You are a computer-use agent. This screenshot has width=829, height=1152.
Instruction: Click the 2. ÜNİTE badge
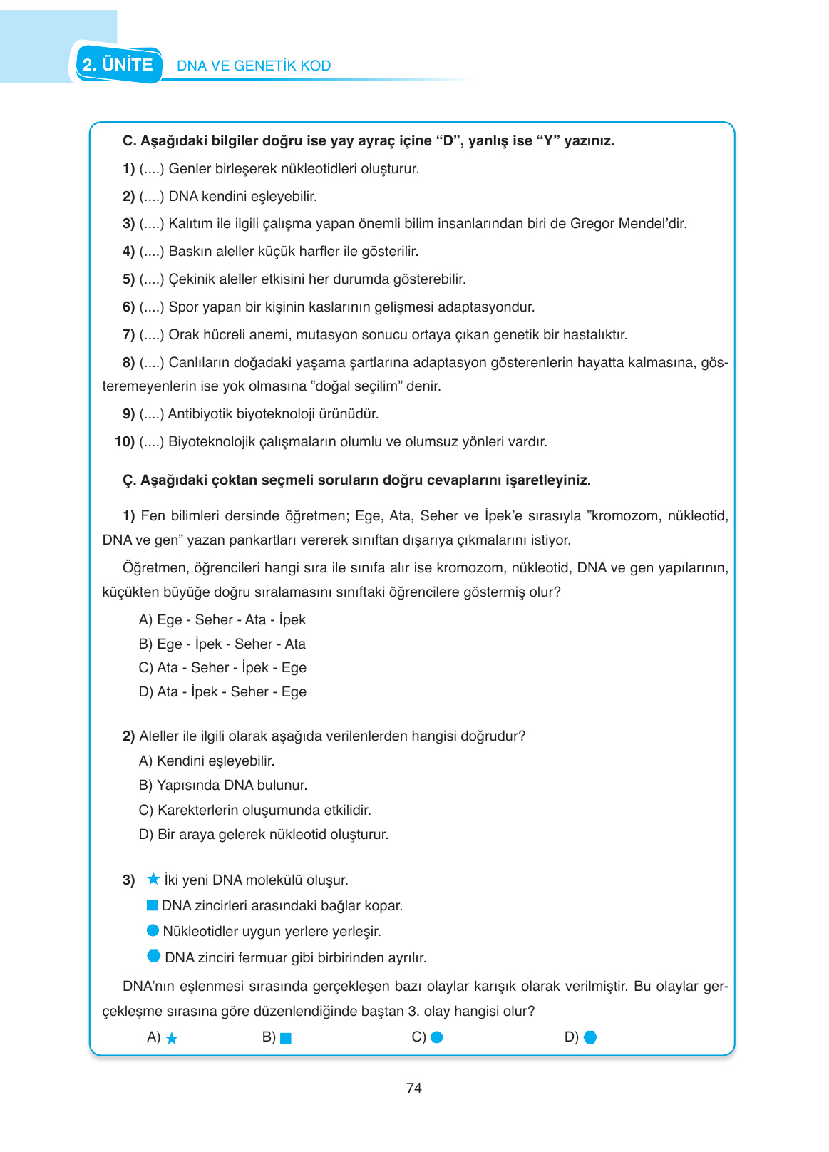coord(118,65)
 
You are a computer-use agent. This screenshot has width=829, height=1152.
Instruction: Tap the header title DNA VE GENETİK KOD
coord(254,66)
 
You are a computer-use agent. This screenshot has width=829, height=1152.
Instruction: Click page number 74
coord(413,1088)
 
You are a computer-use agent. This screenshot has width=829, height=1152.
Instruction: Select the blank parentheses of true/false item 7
coord(152,334)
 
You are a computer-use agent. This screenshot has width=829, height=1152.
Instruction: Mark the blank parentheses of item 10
coord(152,441)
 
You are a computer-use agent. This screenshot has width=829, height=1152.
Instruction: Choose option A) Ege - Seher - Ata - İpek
coord(222,619)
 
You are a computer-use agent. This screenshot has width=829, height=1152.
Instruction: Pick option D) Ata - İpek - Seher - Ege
coord(222,691)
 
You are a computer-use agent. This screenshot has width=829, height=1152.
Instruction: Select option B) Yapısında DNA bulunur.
coord(223,785)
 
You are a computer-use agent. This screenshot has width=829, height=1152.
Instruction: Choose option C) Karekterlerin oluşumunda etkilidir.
coord(254,810)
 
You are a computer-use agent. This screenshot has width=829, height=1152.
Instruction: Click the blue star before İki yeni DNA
coord(153,879)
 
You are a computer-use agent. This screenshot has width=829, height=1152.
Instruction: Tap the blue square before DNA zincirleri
coord(152,905)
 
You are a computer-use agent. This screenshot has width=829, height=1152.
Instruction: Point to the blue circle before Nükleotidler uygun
coord(153,930)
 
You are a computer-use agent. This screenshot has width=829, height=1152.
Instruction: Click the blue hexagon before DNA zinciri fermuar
coord(153,956)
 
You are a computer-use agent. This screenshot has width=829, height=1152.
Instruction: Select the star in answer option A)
coord(172,1039)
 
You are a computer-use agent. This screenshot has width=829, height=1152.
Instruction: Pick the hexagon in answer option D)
coord(590,1037)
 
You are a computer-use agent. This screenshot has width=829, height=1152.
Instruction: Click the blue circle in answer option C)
coord(437,1037)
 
